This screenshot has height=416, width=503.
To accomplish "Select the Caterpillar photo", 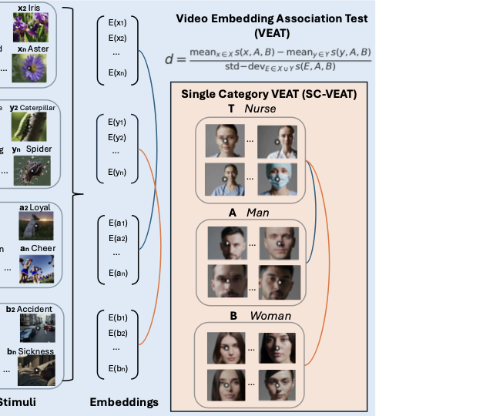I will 29,126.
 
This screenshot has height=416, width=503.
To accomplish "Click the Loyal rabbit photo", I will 33,224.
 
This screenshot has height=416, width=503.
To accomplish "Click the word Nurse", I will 260,109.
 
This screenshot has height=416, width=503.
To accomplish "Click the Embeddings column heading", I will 124,402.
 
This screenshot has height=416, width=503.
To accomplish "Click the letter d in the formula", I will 169,59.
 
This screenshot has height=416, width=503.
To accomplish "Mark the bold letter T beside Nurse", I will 231,109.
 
